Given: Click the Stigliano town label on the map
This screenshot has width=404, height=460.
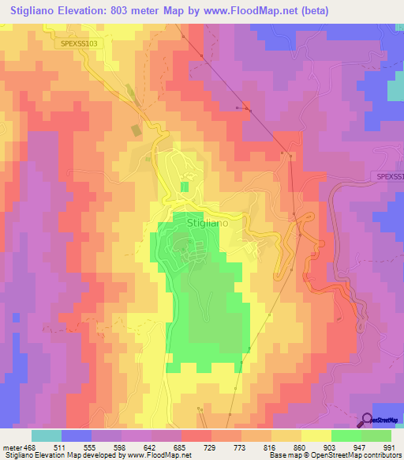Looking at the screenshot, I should coord(209,224).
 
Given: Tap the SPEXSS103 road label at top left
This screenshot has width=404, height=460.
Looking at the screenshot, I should coord(80,43).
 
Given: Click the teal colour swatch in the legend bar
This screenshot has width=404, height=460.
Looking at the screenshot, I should coord(47,435).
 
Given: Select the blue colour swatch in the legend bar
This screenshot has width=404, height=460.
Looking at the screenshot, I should coord(77,435).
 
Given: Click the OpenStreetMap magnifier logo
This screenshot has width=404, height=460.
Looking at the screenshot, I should coord(367,420).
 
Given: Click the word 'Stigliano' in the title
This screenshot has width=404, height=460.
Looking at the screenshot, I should coord(38,11).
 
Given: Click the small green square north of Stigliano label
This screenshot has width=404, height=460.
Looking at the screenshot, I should coord(185,187).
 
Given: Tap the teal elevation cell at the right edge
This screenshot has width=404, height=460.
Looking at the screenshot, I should coord(395,91).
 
